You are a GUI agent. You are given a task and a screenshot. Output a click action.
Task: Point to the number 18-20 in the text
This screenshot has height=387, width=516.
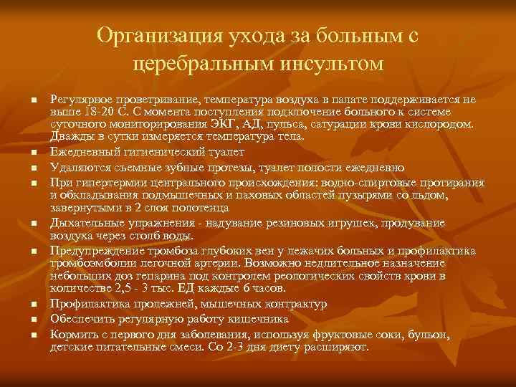(94, 113)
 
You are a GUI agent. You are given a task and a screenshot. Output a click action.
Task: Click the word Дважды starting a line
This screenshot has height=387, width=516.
(70, 136)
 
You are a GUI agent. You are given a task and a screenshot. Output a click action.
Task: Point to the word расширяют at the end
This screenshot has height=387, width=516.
(340, 347)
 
